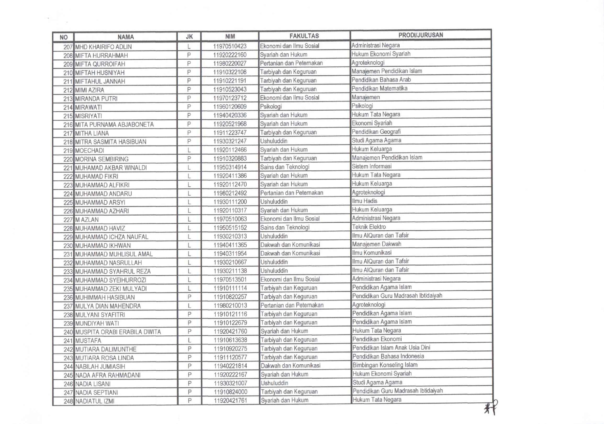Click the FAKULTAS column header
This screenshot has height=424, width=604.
tap(304, 36)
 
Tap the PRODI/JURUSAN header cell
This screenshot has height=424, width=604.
tap(420, 35)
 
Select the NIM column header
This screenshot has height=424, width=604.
tap(230, 36)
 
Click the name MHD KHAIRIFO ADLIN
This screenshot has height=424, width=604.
tap(104, 47)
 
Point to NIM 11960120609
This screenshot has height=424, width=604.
tap(230, 107)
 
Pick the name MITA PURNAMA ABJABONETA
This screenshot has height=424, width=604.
tap(114, 125)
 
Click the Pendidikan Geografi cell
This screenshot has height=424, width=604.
tap(376, 132)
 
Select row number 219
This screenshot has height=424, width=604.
tap(68, 151)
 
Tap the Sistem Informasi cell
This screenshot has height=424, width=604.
tap(372, 166)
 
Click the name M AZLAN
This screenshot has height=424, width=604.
tap(87, 220)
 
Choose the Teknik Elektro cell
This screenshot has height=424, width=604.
tap(369, 227)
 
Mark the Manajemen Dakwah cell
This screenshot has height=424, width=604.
tap(376, 244)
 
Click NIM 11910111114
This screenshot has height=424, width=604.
tap(230, 288)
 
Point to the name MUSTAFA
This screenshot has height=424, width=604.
tap(88, 341)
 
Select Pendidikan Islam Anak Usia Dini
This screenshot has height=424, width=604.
tap(391, 348)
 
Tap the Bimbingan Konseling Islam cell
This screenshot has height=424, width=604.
tap(385, 365)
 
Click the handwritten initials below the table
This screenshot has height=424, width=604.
tap(491, 407)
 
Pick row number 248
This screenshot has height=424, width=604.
tap(68, 401)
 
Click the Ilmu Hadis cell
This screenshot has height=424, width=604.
tap(365, 201)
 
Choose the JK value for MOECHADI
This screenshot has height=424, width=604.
tap(189, 150)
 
